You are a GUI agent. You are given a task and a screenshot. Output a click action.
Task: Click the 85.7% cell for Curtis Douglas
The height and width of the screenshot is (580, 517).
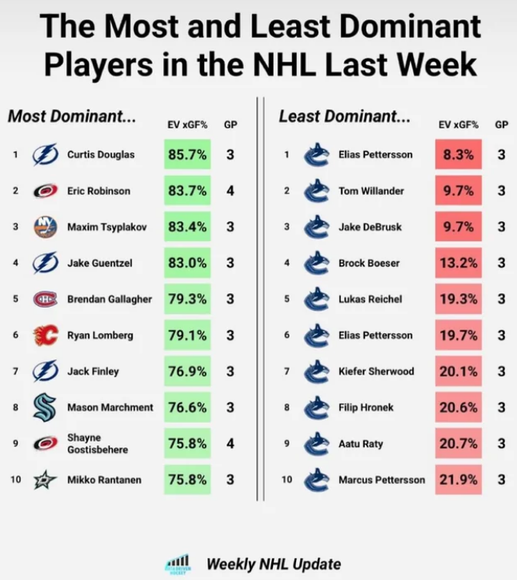click(188, 155)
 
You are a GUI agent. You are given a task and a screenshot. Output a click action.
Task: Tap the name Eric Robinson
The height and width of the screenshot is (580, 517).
click(98, 191)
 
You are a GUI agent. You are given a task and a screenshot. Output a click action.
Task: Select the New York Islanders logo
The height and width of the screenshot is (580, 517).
click(45, 227)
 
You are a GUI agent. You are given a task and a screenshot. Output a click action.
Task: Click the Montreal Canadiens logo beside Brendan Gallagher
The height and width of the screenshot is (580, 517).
click(45, 299)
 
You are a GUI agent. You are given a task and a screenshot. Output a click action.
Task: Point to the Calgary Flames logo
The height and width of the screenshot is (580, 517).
click(45, 335)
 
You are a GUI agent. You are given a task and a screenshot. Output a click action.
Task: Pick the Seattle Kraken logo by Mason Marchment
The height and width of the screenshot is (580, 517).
click(45, 407)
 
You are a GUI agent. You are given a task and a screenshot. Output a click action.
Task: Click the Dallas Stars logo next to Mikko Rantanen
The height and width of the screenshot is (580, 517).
click(45, 479)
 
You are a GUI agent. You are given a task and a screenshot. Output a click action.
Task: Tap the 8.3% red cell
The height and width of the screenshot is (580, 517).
click(459, 155)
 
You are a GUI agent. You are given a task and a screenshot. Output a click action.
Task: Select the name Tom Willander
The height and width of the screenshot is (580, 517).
click(371, 191)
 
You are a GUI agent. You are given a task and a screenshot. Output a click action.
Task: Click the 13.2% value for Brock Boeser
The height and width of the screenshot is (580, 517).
click(459, 263)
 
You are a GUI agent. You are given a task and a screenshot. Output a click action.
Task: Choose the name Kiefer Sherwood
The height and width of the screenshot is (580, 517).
click(375, 371)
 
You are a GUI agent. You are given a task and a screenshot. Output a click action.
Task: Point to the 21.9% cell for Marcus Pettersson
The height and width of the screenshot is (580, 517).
click(459, 479)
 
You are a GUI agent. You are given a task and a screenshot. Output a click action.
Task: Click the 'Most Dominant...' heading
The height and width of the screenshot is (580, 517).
click(72, 117)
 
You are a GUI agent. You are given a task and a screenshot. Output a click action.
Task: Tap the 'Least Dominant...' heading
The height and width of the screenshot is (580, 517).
click(344, 117)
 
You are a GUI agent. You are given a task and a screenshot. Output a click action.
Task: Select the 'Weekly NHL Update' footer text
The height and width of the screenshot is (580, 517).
click(274, 564)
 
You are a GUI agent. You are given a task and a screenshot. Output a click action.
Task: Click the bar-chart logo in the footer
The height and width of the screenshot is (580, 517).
click(177, 562)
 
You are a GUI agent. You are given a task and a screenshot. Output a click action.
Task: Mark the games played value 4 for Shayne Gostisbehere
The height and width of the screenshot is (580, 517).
click(230, 443)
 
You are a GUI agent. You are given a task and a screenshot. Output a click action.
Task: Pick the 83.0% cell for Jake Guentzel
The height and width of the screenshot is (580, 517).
click(188, 263)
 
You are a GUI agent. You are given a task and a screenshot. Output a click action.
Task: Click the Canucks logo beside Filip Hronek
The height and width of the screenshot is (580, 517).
click(317, 407)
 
